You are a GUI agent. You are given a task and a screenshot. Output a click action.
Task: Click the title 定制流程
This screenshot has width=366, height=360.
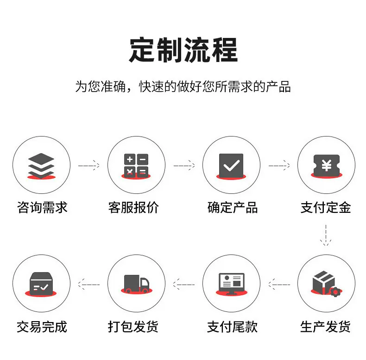click(x=183, y=50)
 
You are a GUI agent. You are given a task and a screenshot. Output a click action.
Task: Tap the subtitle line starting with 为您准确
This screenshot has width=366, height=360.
click(x=183, y=87)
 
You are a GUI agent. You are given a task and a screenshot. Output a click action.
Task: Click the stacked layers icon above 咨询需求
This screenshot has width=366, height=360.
click(x=41, y=166)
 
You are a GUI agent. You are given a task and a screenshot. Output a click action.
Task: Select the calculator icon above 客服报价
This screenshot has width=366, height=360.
click(x=136, y=166)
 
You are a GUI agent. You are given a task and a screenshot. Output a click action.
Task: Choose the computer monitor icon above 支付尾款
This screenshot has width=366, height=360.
click(x=231, y=284)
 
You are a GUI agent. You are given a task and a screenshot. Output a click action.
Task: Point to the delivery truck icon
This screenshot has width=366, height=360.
click(x=137, y=284)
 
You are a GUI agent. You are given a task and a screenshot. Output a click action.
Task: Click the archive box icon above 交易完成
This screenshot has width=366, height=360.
click(x=41, y=284)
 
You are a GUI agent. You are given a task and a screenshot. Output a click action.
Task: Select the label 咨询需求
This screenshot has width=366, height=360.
click(x=42, y=207)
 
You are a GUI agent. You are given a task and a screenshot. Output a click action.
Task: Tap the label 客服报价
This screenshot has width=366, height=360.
click(x=133, y=207)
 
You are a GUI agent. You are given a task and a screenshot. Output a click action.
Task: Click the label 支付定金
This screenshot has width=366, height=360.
click(x=326, y=207)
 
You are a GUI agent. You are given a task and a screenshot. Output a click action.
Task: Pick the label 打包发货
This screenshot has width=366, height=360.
click(x=133, y=326)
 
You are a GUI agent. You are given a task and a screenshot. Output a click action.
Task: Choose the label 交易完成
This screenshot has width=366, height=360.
click(x=42, y=326)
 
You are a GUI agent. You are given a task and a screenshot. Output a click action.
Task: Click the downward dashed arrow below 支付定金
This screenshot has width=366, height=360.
click(x=326, y=235)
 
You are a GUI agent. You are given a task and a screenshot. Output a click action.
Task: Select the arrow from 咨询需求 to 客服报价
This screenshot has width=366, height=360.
click(x=89, y=165)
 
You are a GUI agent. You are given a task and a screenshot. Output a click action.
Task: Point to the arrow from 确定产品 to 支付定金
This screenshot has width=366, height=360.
click(x=279, y=165)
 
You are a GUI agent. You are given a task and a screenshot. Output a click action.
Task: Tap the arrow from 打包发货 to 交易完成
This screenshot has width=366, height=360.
click(x=88, y=284)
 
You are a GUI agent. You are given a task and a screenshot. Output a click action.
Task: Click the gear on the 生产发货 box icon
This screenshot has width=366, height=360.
click(x=335, y=292)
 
